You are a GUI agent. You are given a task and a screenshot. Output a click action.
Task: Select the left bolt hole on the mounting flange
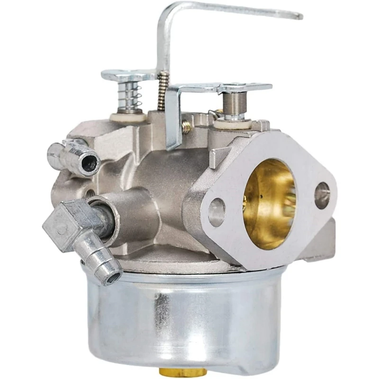coord(217,212)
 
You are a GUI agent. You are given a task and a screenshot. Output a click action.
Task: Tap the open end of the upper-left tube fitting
coord(90,164)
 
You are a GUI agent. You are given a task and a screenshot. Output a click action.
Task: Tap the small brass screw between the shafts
coord(187,127)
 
